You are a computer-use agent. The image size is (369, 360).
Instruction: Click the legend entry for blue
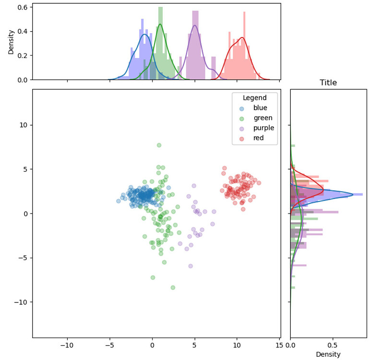pos(260,108)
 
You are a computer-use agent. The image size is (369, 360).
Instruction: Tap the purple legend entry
pos(263,128)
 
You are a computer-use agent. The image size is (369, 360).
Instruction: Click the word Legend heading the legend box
pos(254,97)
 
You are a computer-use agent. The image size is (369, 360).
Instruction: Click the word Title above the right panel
pos(328,83)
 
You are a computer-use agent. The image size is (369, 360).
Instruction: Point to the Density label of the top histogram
pos(11,41)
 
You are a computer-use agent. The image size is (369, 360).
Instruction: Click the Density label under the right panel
pos(328,354)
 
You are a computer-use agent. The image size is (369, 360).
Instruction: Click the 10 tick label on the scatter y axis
pos(24,125)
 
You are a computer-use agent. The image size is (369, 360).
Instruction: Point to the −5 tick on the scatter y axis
pos(24,258)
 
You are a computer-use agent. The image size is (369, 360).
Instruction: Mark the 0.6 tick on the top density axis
pos(23,8)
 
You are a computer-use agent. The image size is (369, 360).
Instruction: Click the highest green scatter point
pos(159,145)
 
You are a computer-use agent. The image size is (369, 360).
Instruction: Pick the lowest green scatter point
pos(173,288)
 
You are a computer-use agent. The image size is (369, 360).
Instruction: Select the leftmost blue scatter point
pos(119,201)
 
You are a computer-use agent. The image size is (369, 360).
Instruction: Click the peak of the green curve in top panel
pos(160,24)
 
